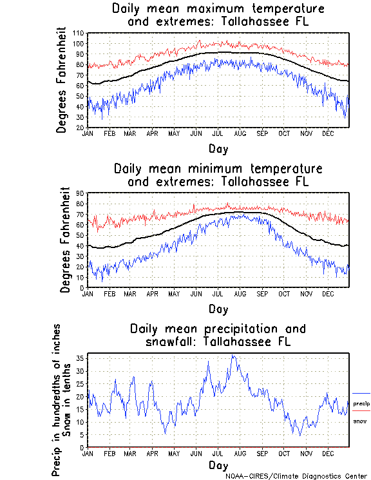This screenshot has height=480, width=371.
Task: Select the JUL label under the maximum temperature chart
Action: coord(218,133)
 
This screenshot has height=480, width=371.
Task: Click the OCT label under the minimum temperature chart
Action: coord(284,293)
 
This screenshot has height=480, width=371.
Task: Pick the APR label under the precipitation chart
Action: coord(152,454)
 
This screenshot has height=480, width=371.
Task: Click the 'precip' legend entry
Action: coord(361,403)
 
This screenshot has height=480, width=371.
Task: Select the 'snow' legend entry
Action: coord(359,421)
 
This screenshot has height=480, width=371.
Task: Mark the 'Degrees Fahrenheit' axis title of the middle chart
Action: coord(65,240)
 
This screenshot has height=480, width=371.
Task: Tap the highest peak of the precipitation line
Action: coord(233,355)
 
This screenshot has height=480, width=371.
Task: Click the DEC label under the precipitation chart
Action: coord(328,454)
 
